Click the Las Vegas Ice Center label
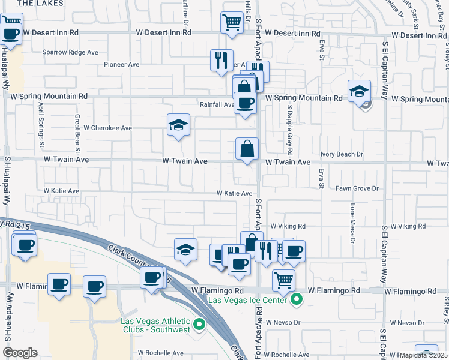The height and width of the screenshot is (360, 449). (247, 299)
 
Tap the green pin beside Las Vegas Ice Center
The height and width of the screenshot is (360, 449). (296, 298)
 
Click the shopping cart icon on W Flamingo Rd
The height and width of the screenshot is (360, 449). (283, 280)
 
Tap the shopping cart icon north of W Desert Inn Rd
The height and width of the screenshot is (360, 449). (232, 22)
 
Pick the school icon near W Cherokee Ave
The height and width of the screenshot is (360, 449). (178, 125)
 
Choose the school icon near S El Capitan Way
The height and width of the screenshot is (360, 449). (359, 92)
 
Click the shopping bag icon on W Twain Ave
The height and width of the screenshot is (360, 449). (247, 149)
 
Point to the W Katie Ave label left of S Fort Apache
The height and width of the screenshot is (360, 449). (235, 193)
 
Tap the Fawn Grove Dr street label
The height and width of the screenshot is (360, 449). (357, 188)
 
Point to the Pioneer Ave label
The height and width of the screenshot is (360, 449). (121, 64)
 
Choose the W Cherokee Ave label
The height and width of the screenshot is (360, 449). (107, 128)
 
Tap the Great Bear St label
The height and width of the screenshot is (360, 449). (77, 130)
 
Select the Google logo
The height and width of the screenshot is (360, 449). (19, 353)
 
